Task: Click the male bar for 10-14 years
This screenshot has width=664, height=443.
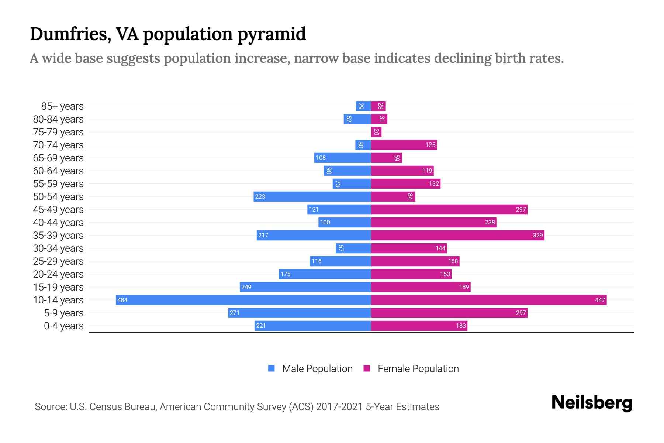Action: [x=243, y=300]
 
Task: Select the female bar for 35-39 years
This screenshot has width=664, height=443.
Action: [x=457, y=235]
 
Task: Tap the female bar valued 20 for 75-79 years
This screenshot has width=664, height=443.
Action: [x=376, y=132]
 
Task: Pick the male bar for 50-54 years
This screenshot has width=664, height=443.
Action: [x=312, y=196]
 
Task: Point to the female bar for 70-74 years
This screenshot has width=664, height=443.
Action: [x=404, y=145]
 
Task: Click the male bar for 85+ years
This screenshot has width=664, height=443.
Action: [x=363, y=106]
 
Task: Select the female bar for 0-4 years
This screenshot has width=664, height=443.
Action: [x=419, y=326]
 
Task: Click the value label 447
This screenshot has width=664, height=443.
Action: [x=600, y=300]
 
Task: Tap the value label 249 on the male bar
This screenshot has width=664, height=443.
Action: [x=246, y=287]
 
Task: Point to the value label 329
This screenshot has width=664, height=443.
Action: [x=537, y=235]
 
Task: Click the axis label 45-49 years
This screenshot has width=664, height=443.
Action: [x=58, y=210]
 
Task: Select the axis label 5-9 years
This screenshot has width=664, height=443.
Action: [x=64, y=313]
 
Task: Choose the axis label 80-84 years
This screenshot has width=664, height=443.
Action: [x=58, y=119]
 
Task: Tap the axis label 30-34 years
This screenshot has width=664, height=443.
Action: [x=58, y=248]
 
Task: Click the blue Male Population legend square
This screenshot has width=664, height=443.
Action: [x=272, y=368]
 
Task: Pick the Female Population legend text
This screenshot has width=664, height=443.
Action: [x=418, y=369]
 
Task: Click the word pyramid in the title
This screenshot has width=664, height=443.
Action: [x=272, y=34]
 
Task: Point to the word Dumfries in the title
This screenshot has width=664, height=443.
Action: [x=70, y=34]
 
